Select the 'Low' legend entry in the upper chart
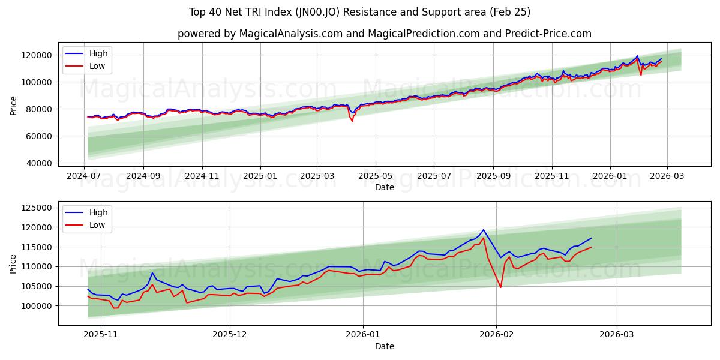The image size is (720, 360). [97, 66]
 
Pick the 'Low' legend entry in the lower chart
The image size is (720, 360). [97, 225]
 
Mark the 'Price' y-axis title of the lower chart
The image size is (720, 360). [14, 263]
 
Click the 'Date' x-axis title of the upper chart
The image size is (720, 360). [385, 187]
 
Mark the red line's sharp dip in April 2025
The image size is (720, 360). [352, 121]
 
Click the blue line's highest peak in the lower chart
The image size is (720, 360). [484, 230]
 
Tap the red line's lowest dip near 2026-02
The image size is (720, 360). [500, 287]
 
